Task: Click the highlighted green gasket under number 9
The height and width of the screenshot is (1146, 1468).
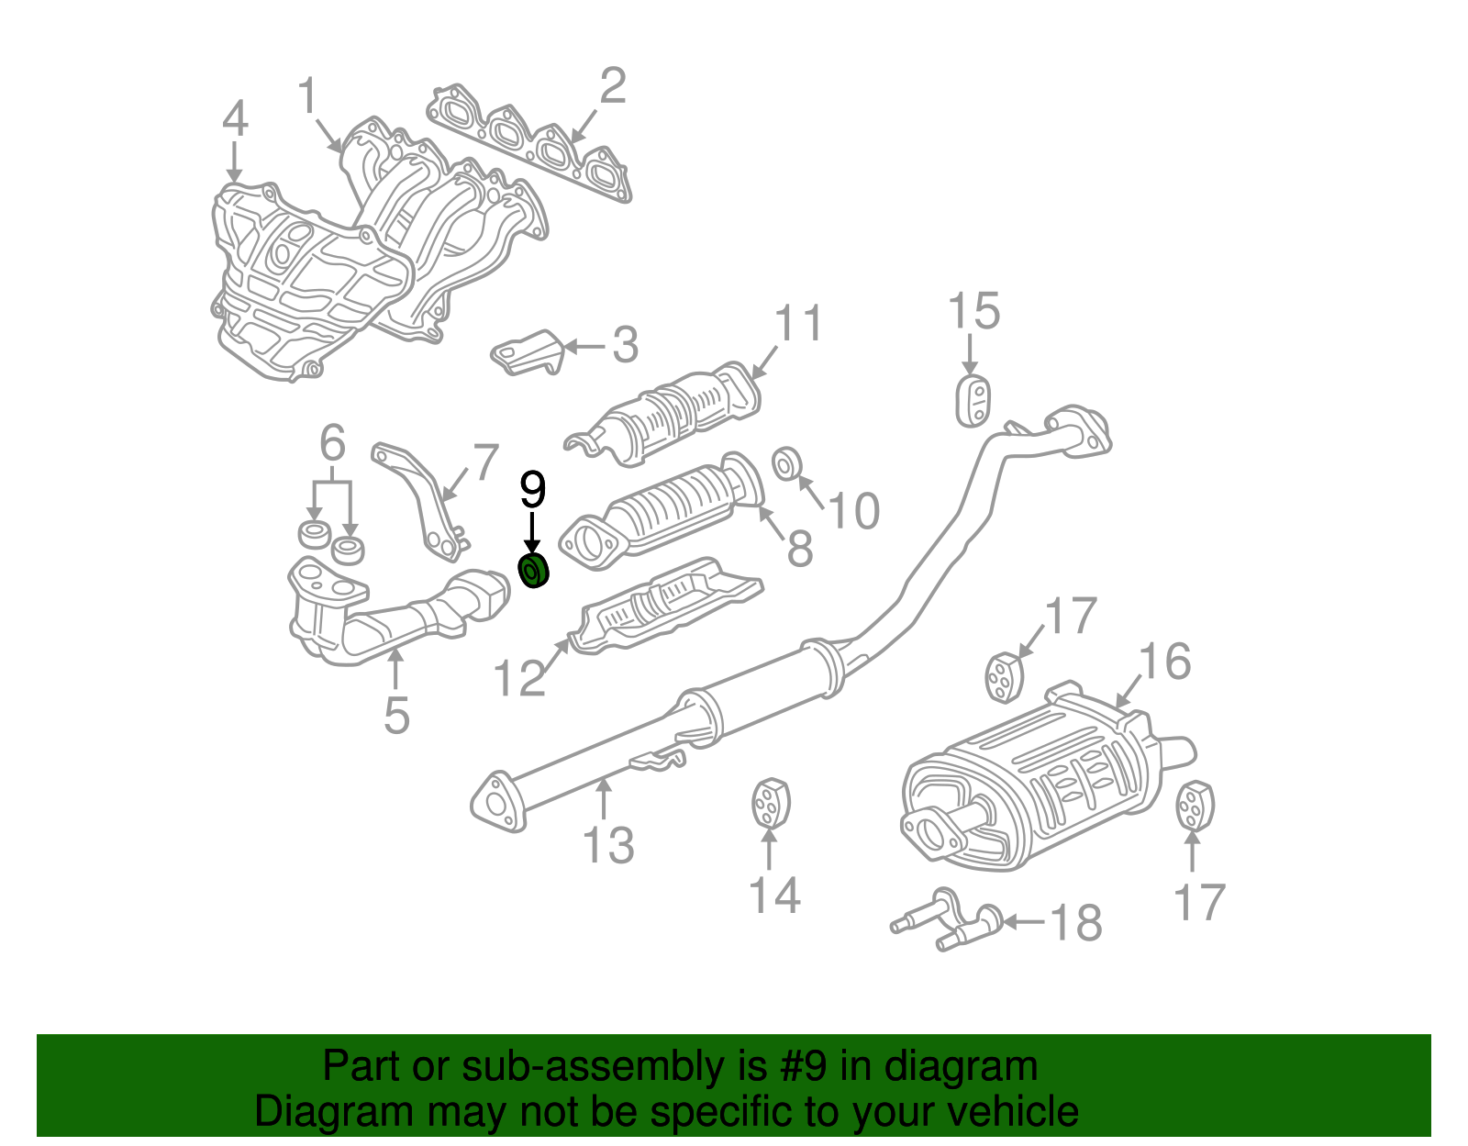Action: coord(533,572)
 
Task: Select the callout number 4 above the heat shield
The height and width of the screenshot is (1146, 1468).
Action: coord(235,119)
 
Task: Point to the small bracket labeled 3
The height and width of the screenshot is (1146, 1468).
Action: coord(528,353)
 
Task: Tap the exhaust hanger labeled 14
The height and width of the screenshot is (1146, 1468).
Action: coord(771,804)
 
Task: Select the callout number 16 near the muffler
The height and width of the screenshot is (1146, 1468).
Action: coord(1164,662)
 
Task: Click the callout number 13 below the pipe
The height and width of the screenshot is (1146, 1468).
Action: coord(608,845)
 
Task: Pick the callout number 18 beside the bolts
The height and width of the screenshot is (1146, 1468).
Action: coord(1075,923)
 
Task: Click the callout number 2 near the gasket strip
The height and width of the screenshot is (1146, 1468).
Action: coord(612,86)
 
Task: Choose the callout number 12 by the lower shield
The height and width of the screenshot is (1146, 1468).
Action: coord(519,679)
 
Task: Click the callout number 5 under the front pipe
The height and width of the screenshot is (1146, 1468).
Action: coord(396,716)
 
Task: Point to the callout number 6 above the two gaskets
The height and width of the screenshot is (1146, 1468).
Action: coord(332,443)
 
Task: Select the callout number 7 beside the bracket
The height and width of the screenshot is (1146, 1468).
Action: coord(485,462)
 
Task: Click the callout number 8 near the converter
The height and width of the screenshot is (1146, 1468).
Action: coord(799,549)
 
